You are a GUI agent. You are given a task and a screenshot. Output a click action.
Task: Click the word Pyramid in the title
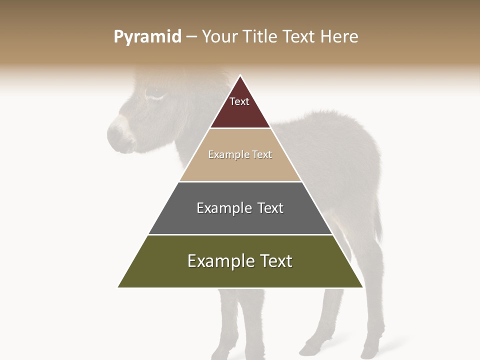(x=147, y=37)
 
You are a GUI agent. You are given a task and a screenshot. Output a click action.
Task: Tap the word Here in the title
(x=339, y=37)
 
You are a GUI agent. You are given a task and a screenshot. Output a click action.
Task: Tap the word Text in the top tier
(x=239, y=101)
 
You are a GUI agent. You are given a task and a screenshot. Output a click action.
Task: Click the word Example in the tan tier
(x=222, y=155)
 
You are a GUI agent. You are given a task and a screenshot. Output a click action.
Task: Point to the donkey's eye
(x=153, y=92)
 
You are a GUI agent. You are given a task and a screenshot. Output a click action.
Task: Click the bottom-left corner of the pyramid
(x=118, y=287)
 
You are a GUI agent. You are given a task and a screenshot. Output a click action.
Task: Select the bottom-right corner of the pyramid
(x=363, y=287)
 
